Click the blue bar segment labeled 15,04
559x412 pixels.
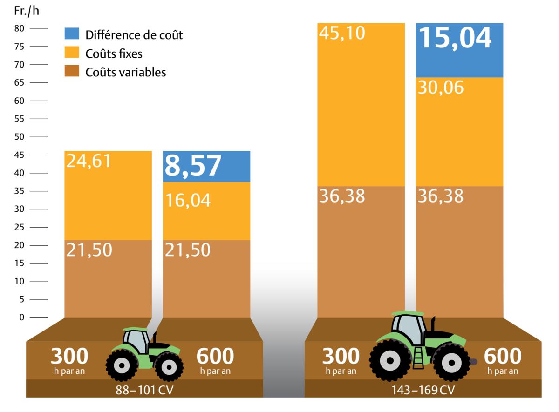459,50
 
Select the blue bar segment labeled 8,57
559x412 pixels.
206,167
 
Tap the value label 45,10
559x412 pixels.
342,33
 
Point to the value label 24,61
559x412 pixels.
89,161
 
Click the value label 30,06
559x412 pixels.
440,87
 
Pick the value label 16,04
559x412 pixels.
187,201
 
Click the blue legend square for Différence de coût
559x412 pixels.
73,34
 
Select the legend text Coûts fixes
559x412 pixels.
114,54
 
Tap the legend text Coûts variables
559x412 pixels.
125,72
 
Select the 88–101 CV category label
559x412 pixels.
144,390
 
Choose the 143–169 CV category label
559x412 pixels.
423,390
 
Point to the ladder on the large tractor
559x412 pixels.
418,358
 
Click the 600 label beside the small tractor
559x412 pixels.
215,357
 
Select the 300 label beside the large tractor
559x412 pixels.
341,357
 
